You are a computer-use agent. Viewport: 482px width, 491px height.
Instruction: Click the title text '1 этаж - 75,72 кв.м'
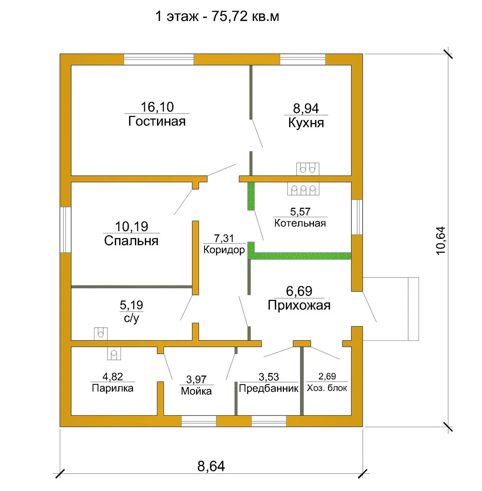(217, 17)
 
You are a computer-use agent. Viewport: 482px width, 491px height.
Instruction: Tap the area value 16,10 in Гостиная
(157, 107)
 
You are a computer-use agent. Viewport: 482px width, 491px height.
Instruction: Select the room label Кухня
(306, 123)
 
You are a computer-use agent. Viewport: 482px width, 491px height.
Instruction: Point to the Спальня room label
(131, 240)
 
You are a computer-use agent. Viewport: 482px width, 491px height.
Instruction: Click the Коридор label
(224, 250)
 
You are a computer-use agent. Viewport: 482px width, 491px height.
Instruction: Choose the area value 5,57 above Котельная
(300, 212)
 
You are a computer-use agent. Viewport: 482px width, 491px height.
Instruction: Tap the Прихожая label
(299, 305)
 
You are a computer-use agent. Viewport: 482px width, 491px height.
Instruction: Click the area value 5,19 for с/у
(131, 305)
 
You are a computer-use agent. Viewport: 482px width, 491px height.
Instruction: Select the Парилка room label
(112, 388)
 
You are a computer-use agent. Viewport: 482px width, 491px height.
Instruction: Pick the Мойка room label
(196, 391)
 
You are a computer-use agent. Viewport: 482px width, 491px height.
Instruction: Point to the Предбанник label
(269, 388)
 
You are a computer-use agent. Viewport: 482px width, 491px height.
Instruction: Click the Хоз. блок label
(327, 388)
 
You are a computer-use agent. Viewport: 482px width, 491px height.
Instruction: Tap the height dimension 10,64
(441, 240)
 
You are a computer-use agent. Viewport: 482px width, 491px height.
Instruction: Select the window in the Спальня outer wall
(65, 230)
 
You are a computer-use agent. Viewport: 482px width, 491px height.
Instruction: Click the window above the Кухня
(303, 59)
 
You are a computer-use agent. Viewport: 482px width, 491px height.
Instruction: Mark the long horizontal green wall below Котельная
(302, 256)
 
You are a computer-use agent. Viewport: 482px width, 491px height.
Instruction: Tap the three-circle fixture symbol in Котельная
(303, 189)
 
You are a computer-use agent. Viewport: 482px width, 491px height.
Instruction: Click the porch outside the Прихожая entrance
(390, 309)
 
